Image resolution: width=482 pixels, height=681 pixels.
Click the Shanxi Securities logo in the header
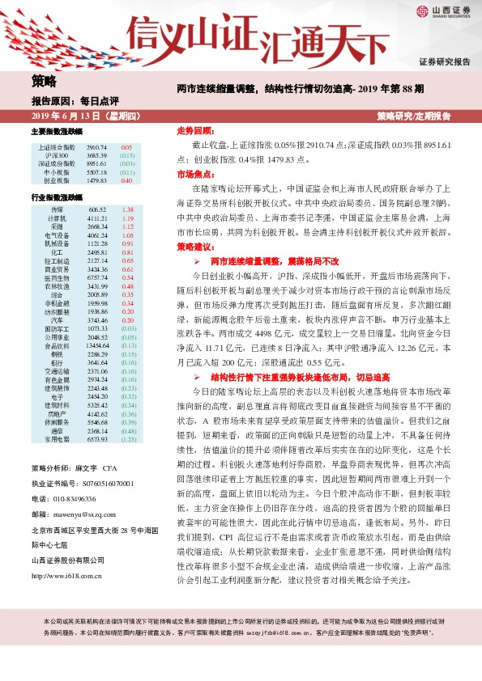pos(445,11)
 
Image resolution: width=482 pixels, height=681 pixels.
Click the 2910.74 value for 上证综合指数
pos(96,147)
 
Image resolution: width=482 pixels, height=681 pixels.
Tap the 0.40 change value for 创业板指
pos(126,180)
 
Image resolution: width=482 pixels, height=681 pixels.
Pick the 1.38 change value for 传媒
pos(126,209)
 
